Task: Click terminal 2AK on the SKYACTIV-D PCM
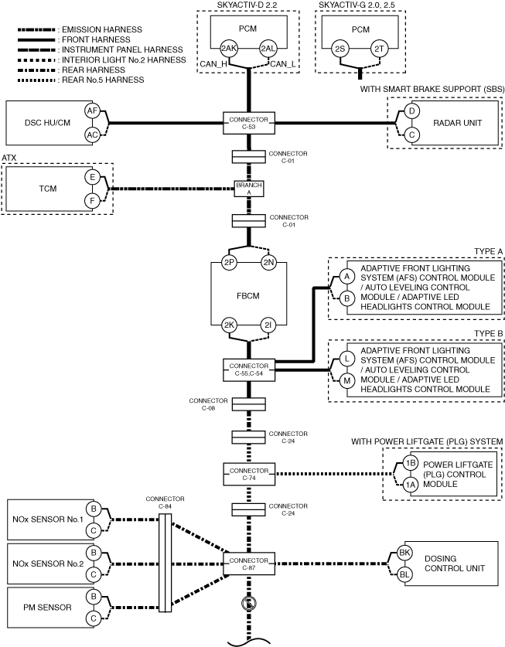[228, 48]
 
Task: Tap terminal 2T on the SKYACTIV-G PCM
[379, 49]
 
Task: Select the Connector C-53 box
[249, 123]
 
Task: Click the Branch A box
[249, 189]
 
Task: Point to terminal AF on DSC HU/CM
[92, 111]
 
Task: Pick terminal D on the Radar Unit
[411, 111]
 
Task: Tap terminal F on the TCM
[92, 201]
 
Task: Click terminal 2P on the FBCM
[229, 262]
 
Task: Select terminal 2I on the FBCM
[268, 325]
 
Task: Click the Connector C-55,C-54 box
[249, 369]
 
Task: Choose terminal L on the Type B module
[347, 359]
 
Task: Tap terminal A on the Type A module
[347, 276]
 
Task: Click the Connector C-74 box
[249, 474]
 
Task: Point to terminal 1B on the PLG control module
[410, 463]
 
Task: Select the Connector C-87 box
[249, 564]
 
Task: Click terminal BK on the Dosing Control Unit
[404, 553]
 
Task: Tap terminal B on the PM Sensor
[94, 597]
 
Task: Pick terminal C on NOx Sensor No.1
[94, 530]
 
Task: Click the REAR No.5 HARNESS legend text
[103, 80]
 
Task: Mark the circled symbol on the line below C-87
[248, 604]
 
